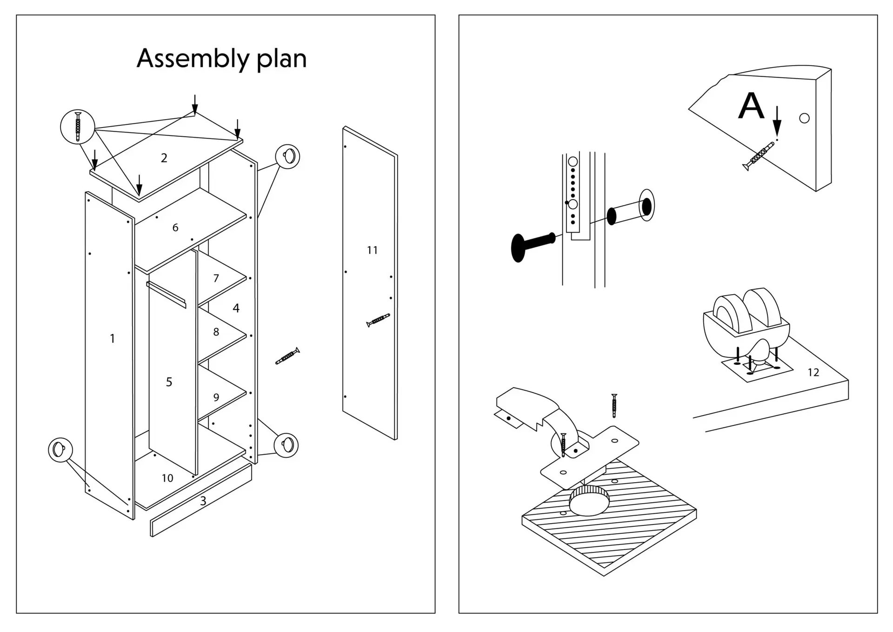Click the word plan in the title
pos(281,59)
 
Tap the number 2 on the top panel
pos(164,158)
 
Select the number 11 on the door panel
pos(372,250)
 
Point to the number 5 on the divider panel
pos(169,382)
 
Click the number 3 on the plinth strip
pos(203,501)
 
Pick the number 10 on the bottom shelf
pos(167,478)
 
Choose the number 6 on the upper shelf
pos(175,228)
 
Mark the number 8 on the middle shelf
pos(216,332)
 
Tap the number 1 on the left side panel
pos(112,339)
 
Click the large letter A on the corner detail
pos(751,106)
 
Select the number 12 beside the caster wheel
pos(813,373)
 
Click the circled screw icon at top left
pos(78,127)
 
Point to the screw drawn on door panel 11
pos(378,320)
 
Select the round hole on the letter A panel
pos(804,118)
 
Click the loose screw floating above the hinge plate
pos(614,406)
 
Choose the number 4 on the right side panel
pos(236,308)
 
